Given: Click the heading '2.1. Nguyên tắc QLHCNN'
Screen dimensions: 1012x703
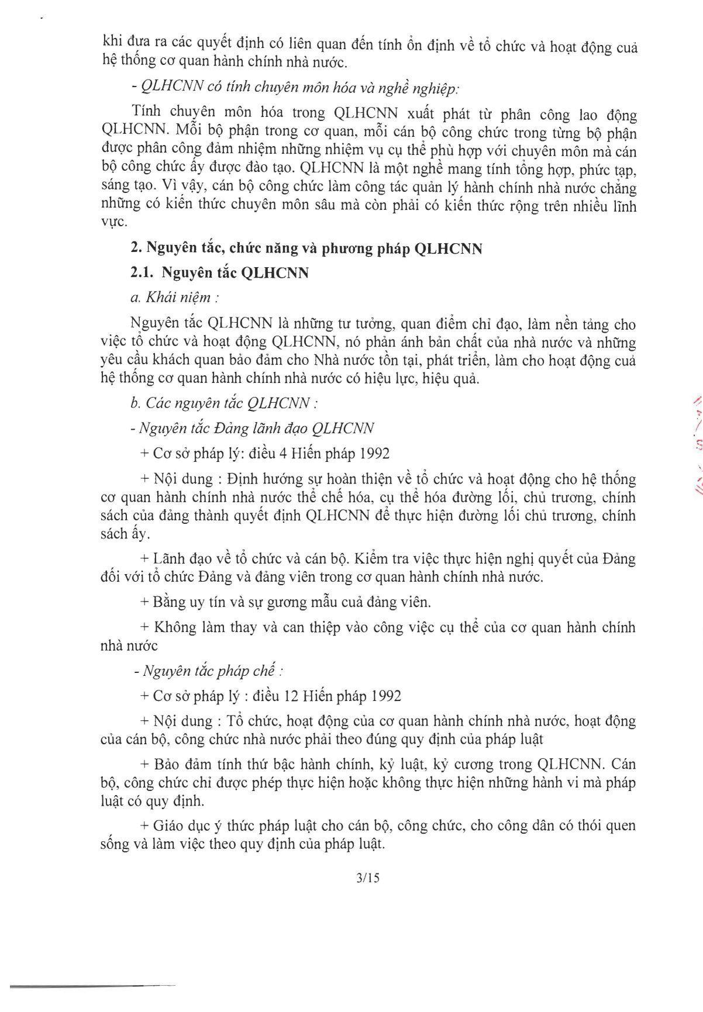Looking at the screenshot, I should [219, 273].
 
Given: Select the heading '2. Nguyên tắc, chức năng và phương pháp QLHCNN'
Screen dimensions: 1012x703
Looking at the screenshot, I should [306, 248].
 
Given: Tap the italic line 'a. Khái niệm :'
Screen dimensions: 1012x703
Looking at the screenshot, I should [175, 298].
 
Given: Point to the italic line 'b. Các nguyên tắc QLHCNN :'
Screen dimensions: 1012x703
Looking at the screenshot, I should [224, 403].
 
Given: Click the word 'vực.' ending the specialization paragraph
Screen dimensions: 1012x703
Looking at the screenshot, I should [113, 223].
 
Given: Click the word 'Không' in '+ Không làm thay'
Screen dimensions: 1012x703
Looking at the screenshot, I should [174, 627].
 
